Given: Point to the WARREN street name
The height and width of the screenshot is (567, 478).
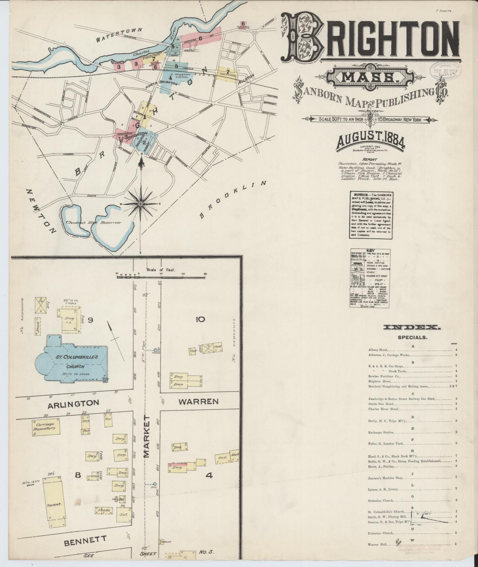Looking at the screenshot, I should (199, 402).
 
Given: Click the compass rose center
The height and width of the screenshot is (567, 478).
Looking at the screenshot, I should (140, 204).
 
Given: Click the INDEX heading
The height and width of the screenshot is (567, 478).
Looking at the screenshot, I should (412, 328).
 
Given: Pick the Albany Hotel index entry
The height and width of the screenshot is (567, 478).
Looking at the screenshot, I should (378, 350).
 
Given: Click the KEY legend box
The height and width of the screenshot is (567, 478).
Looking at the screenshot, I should (370, 278).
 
